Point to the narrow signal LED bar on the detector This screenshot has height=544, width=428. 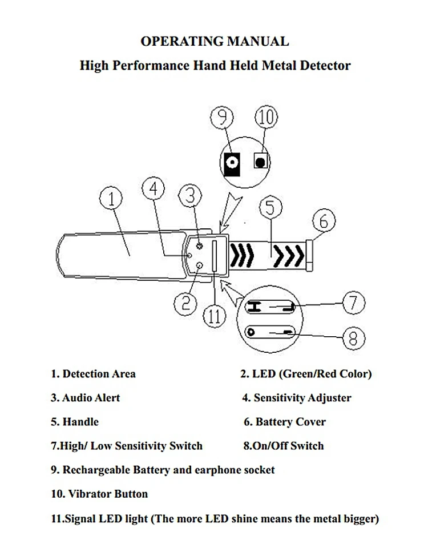pos(215,255)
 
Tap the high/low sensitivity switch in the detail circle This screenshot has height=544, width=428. pos(272,308)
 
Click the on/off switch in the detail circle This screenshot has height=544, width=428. pos(272,332)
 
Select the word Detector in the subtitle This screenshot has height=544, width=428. pos(322,65)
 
